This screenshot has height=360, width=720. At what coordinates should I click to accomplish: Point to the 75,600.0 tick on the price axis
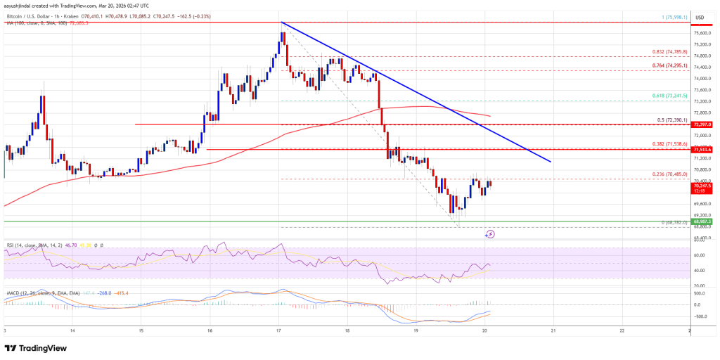click(x=702, y=32)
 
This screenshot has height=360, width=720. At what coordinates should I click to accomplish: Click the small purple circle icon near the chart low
click(x=490, y=233)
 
